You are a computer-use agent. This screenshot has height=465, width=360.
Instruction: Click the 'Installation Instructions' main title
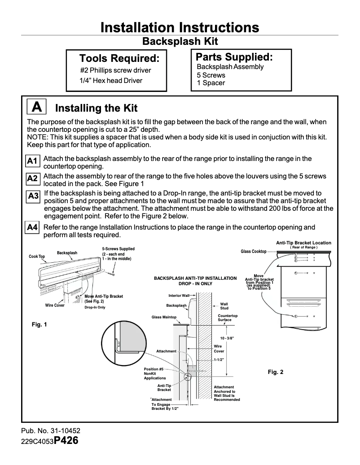coord(180,27)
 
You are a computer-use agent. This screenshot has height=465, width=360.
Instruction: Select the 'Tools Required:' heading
coord(119,59)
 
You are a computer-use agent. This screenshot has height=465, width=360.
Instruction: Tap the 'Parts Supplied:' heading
coord(234,57)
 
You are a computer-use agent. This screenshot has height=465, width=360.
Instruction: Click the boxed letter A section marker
coord(38,107)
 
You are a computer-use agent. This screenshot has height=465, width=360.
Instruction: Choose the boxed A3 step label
coord(33,196)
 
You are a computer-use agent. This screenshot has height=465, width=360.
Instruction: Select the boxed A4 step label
coord(32,228)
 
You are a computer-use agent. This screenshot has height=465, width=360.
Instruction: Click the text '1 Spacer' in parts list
coord(211,83)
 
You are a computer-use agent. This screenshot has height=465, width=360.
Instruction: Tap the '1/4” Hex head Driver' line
coord(111,81)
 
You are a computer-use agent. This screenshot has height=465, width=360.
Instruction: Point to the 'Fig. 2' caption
coord(275,372)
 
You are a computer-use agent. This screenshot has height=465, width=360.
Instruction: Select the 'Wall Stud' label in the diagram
coord(224,306)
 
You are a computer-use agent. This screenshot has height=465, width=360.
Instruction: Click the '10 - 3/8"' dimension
coord(226,338)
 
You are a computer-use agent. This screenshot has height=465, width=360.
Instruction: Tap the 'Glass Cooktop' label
coord(254,252)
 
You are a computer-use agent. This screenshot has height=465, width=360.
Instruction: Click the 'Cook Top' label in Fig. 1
coord(37,256)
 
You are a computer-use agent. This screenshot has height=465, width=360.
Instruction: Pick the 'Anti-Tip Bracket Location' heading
coord(303,243)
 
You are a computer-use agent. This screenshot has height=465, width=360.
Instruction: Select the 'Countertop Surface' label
coord(228,318)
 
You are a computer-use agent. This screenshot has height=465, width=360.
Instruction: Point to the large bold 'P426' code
coord(66,440)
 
